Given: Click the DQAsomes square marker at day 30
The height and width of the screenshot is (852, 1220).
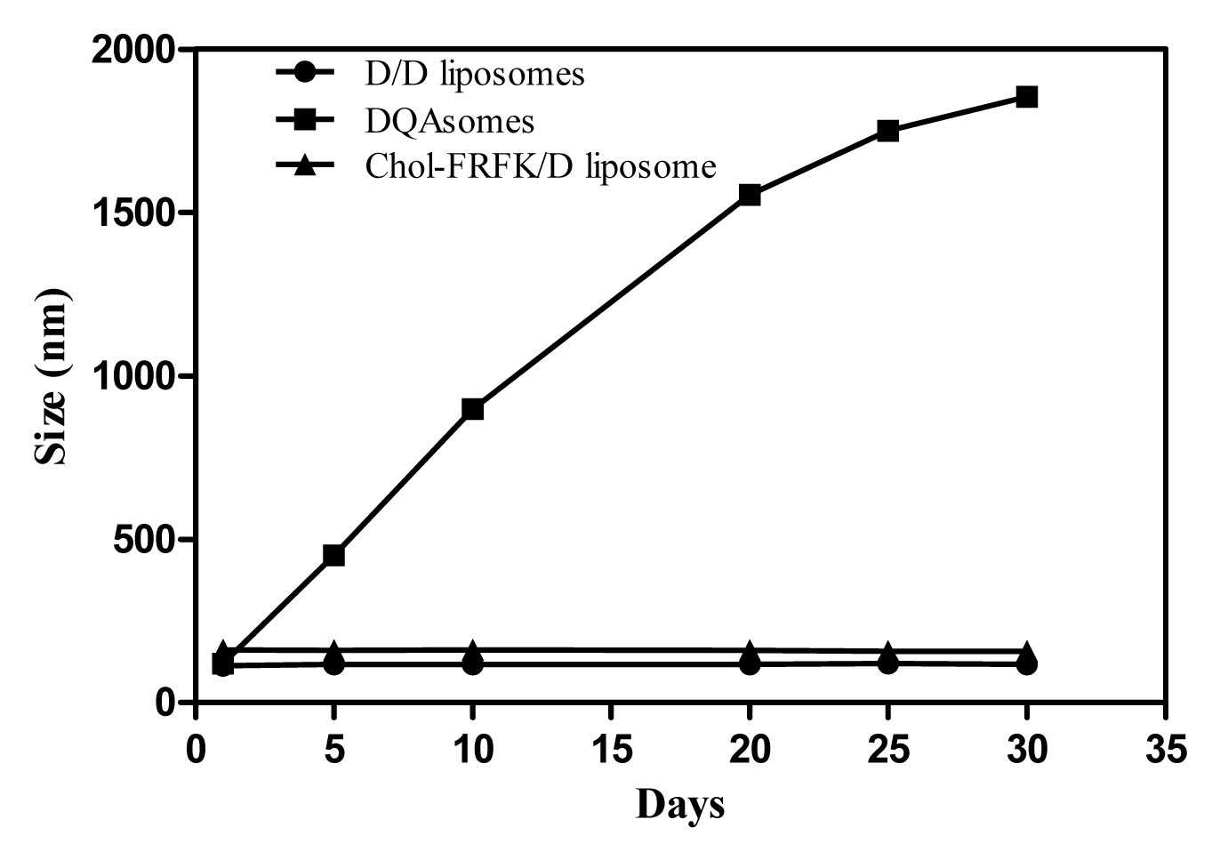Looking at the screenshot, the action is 1026,97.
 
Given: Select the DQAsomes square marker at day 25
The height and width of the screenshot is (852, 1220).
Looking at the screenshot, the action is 887,130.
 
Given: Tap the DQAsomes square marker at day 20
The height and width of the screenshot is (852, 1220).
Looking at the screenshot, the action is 750,195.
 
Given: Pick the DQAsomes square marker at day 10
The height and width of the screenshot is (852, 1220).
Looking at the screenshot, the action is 472,408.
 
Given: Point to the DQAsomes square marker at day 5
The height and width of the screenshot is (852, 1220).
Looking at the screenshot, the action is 333,555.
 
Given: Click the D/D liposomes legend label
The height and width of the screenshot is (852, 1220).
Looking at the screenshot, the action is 474,75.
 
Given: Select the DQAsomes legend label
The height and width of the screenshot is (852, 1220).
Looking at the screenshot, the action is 449,121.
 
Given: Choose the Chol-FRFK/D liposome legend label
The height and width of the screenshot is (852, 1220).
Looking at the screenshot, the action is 541,166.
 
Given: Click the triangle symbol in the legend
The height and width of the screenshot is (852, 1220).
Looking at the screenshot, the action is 305,165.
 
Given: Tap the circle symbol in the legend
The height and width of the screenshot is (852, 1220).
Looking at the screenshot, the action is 305,72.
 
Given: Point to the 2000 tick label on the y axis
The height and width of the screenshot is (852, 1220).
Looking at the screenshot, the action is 134,51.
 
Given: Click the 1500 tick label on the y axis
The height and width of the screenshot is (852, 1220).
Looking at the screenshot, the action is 134,213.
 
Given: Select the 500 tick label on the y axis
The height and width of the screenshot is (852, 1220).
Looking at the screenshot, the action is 146,540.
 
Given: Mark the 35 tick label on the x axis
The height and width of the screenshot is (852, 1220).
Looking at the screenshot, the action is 1165,750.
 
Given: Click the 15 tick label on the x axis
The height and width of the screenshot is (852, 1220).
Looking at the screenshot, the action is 611,750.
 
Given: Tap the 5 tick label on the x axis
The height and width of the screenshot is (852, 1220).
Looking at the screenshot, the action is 334,750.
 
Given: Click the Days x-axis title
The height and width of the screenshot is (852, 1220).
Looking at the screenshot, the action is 679,804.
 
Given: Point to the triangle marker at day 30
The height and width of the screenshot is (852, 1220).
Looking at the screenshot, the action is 1026,649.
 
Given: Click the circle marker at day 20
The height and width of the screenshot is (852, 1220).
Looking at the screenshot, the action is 750,664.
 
